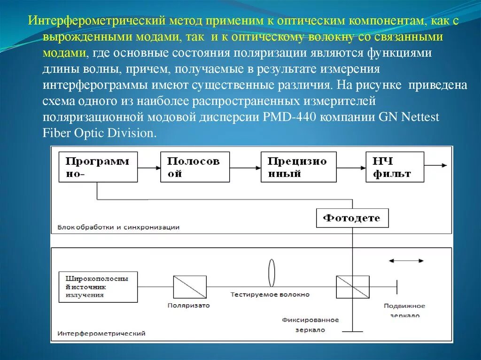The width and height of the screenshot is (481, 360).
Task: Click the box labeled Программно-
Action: [98, 167]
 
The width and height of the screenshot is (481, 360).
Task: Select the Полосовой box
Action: [195, 167]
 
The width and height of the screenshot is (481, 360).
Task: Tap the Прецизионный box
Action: [299, 167]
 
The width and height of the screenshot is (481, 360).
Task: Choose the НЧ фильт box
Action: [395, 167]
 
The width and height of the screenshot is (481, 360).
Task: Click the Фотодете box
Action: [352, 218]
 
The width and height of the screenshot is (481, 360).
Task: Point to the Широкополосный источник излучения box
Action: [98, 286]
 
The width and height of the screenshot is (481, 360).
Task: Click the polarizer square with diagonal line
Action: [190, 286]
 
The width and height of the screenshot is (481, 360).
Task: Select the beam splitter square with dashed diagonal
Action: [352, 286]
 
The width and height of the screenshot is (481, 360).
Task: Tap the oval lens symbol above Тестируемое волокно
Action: [272, 272]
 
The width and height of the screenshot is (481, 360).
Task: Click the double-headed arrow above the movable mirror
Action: [406, 261]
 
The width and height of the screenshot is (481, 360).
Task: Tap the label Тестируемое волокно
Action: [270, 294]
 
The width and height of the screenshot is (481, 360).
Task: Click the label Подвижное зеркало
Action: [404, 310]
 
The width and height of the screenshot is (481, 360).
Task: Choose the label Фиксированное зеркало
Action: [310, 325]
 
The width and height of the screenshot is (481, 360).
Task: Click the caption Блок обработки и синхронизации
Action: [118, 227]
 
